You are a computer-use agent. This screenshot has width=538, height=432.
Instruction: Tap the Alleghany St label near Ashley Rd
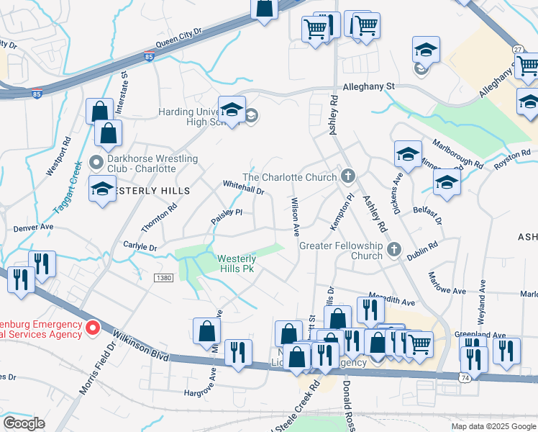[x=369, y=86]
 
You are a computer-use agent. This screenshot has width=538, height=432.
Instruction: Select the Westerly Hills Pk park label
[x=237, y=263]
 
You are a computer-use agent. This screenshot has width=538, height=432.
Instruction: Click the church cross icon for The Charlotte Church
[x=348, y=176]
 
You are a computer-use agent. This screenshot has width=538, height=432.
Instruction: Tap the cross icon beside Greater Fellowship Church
[x=393, y=250]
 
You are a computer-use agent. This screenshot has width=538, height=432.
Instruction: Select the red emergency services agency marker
[x=93, y=329]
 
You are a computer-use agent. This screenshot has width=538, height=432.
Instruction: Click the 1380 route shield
[x=163, y=277]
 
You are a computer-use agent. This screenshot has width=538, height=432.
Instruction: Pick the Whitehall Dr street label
[x=244, y=187]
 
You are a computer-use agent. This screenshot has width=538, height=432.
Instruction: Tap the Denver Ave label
[x=34, y=227]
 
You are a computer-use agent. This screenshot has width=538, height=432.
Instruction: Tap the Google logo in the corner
[x=24, y=423]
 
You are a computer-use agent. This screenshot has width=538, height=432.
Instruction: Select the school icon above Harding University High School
[x=232, y=110]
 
